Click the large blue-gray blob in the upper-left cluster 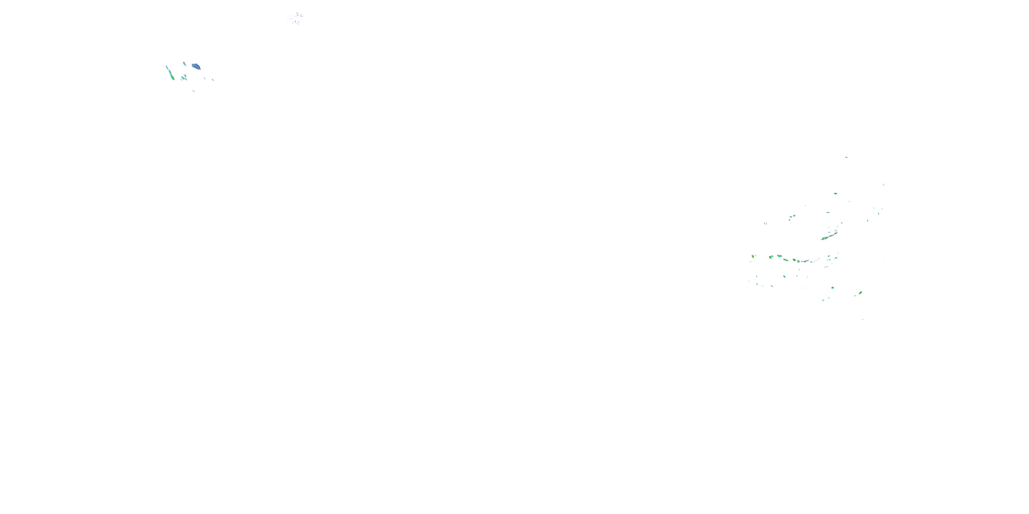[196, 66]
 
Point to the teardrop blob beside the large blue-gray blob [185, 63]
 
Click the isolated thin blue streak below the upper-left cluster [194, 91]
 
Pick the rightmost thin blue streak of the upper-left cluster [213, 80]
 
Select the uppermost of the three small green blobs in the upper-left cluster [185, 75]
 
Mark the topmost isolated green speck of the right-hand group [846, 157]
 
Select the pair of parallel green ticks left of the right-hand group [765, 223]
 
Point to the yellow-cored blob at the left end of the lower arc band [753, 256]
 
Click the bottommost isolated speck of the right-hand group [862, 319]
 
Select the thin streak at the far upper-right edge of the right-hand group [883, 184]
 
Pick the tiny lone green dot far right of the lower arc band [884, 257]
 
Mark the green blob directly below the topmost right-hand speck [835, 194]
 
